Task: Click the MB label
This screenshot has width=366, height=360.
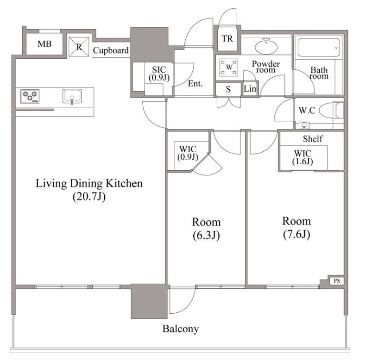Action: (x=44, y=44)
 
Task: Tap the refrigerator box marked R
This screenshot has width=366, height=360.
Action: (x=79, y=47)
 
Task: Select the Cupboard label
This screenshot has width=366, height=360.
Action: (x=111, y=50)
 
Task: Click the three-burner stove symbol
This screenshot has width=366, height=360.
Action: (x=30, y=96)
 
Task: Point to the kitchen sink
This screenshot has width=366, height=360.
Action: (x=72, y=96)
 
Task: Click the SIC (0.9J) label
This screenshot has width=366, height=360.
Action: (x=159, y=74)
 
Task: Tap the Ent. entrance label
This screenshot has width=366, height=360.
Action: (x=195, y=83)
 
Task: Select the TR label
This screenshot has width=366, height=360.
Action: (x=227, y=39)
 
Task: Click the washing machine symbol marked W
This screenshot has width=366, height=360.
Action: (x=229, y=68)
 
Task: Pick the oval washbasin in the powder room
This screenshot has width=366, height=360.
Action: (x=266, y=46)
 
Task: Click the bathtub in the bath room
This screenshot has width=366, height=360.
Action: (x=319, y=47)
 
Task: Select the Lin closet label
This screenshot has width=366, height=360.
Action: (x=250, y=88)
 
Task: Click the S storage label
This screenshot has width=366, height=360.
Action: (x=228, y=89)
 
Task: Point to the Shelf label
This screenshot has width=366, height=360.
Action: (x=313, y=139)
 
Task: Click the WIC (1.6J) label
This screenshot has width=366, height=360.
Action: (x=303, y=157)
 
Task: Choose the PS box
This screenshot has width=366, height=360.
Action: (x=337, y=281)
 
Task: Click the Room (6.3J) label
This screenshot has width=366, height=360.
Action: (x=206, y=229)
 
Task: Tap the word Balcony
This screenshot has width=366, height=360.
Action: (x=181, y=329)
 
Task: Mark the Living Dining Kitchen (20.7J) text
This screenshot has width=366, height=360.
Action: (x=89, y=190)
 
